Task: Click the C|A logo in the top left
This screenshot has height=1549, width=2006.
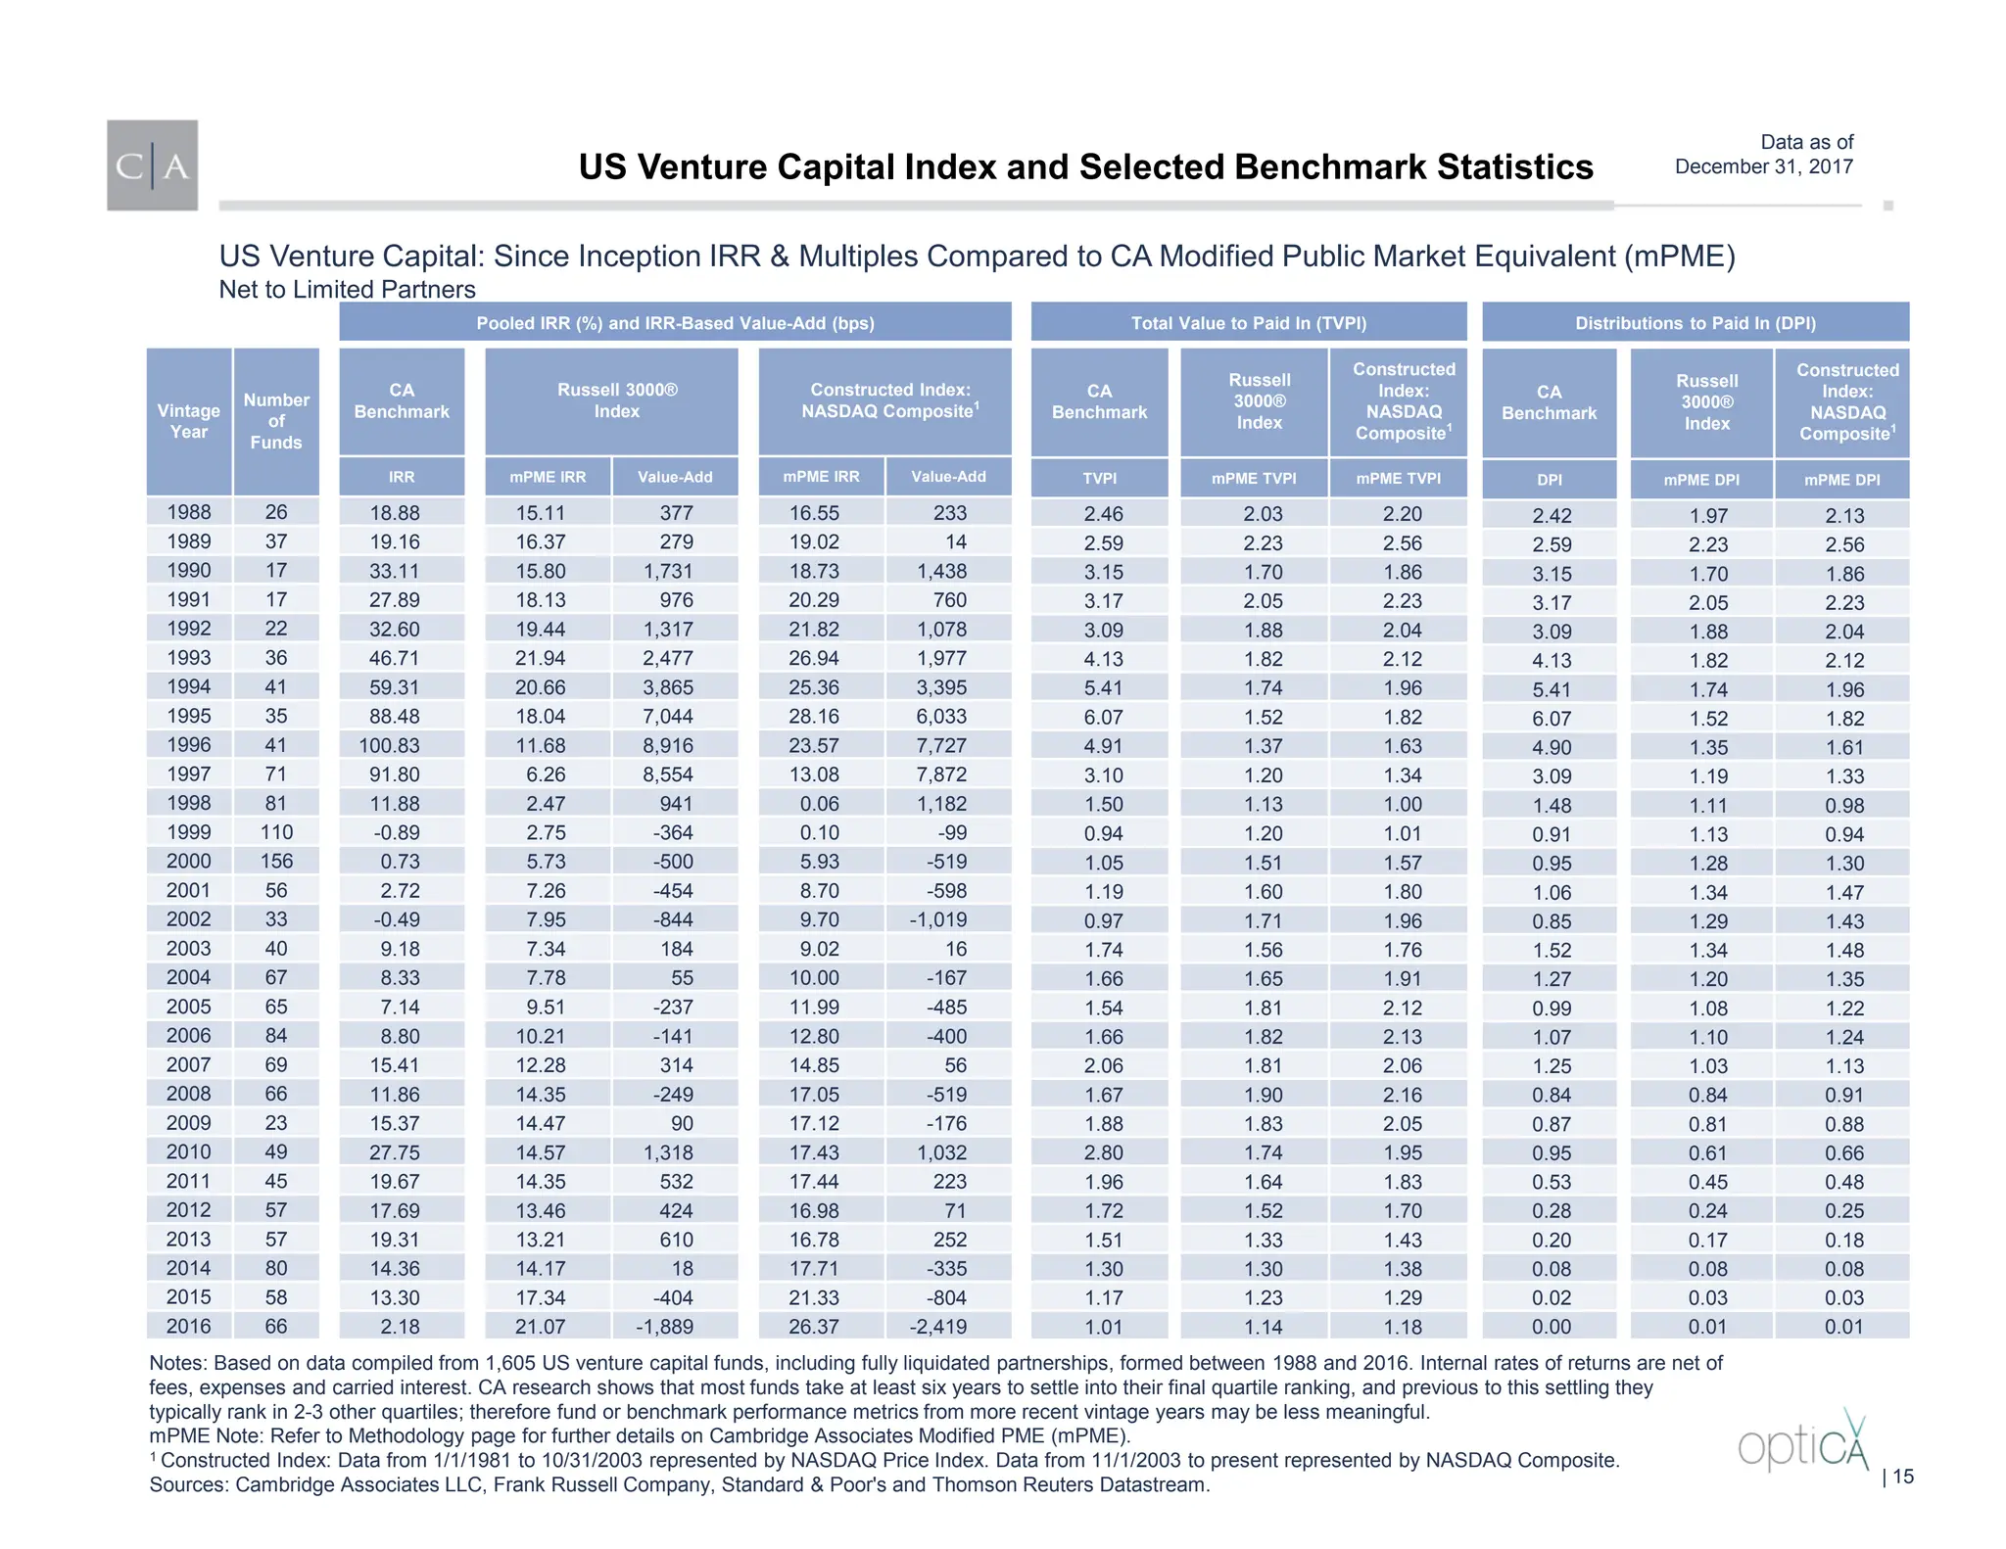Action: click(152, 165)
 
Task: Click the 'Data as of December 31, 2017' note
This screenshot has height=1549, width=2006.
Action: click(1764, 155)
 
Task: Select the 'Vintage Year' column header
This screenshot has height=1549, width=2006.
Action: click(189, 421)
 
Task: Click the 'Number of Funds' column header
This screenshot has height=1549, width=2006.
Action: click(276, 421)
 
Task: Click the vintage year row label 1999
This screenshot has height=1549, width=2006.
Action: click(189, 832)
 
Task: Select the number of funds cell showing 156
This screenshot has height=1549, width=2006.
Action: click(276, 862)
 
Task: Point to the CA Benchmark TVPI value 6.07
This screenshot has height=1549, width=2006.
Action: click(1103, 718)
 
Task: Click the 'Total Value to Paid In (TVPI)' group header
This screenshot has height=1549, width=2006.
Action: click(1248, 323)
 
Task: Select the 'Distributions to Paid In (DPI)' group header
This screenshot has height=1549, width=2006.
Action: click(1695, 323)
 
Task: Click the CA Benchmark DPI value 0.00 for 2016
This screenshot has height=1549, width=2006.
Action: click(1552, 1328)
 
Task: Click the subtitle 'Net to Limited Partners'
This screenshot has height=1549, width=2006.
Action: click(347, 290)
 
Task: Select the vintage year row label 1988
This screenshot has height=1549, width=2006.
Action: click(189, 512)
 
